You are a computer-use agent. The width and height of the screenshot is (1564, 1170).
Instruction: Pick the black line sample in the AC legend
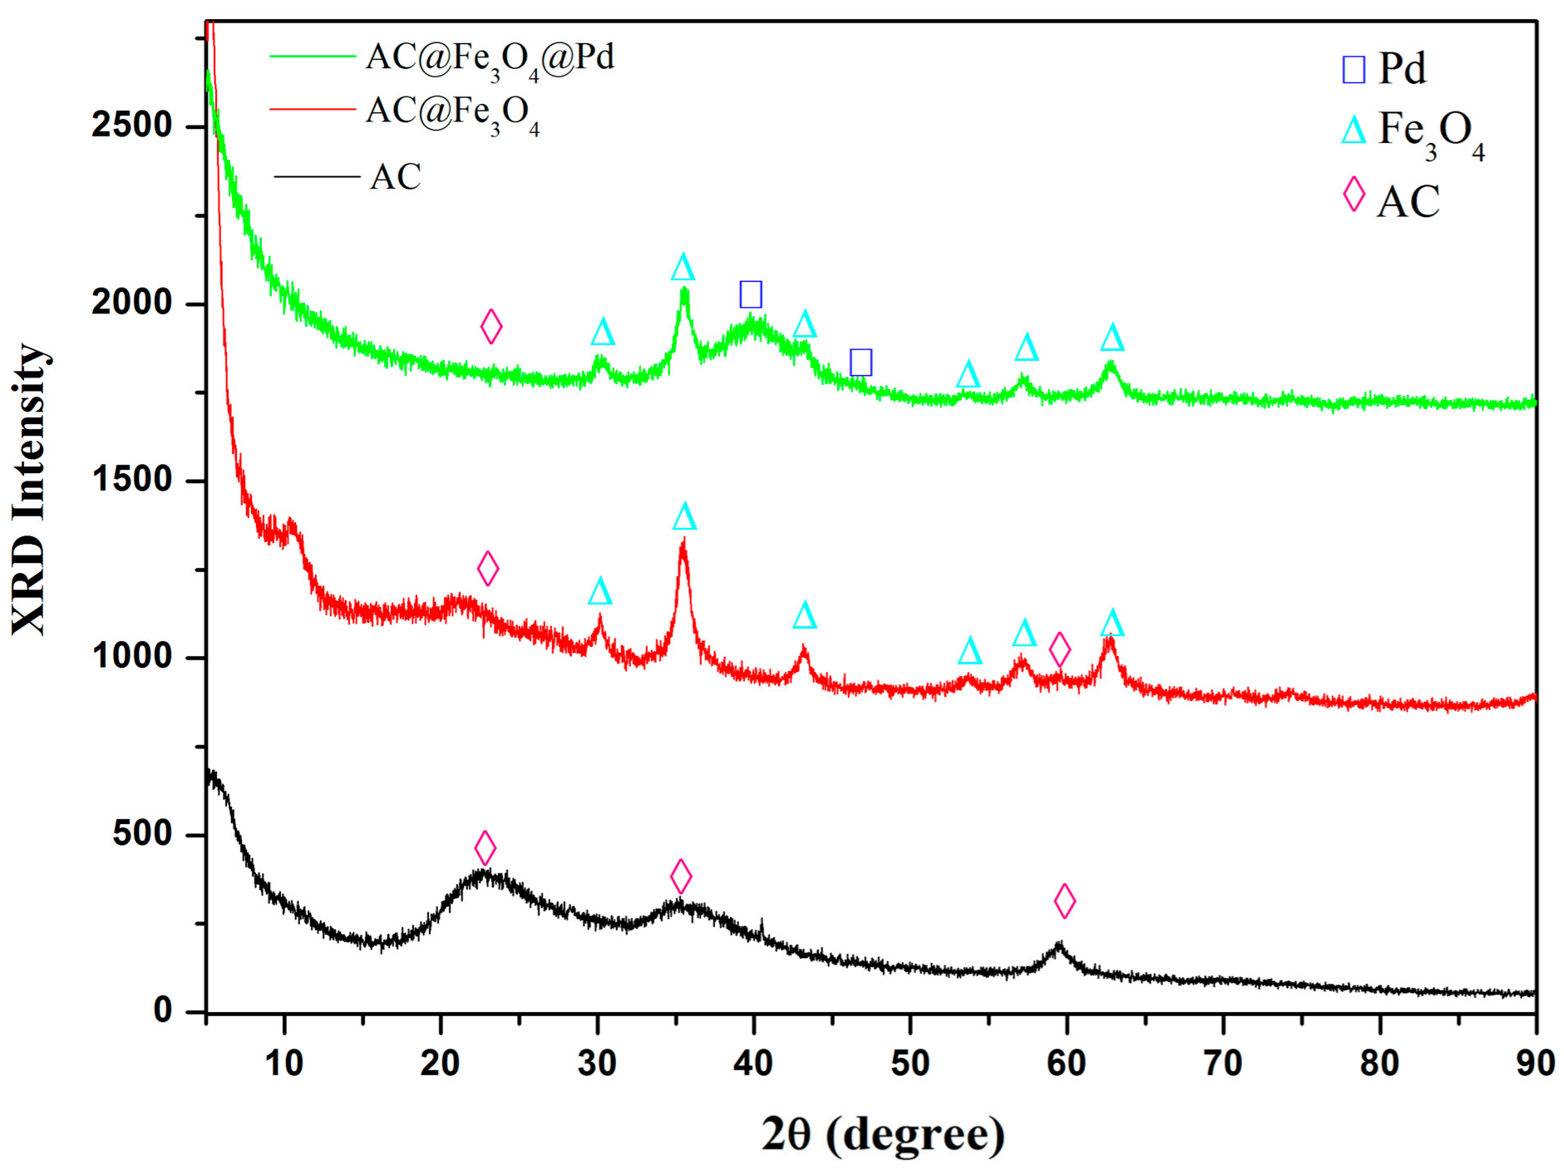(317, 176)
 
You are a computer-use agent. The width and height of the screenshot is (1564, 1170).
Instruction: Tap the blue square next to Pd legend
(1353, 69)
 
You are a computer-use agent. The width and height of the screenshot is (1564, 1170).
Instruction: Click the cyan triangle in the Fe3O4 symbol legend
(1354, 131)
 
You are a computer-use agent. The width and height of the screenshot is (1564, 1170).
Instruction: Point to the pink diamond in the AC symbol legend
(1354, 195)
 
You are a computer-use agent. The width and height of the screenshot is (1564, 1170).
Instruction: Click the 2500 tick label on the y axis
(131, 126)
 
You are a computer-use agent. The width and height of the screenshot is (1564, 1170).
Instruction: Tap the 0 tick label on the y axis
(163, 1010)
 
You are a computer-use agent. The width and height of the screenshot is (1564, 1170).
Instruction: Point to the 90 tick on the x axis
(1535, 1064)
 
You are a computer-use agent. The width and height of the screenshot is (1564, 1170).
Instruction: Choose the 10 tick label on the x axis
(284, 1064)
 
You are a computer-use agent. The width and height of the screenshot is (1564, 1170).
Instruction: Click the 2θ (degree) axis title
(882, 1134)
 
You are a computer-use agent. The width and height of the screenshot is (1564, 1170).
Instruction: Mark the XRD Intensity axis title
(29, 489)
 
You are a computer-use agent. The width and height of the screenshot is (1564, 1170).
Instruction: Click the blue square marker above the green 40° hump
(751, 294)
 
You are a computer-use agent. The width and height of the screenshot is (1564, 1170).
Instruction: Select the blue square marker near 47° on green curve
(861, 362)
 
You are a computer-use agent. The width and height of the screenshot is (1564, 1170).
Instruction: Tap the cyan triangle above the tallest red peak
(684, 517)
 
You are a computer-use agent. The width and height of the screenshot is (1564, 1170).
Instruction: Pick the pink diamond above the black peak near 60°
(1064, 901)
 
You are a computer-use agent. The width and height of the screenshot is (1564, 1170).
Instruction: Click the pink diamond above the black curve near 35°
(681, 876)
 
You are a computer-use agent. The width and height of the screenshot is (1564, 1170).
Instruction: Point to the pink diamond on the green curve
(491, 326)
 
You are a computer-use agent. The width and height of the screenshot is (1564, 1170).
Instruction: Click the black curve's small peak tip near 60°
(1058, 944)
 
